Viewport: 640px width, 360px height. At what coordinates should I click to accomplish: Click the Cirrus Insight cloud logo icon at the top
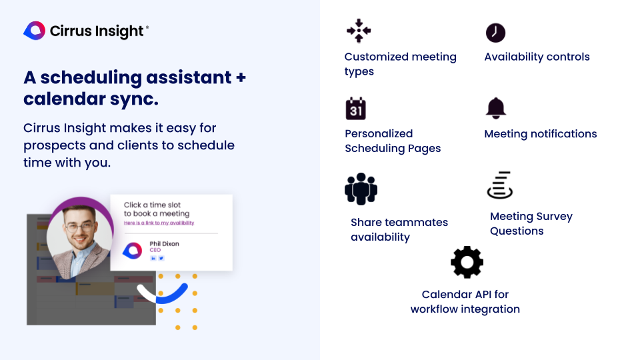[x=34, y=31]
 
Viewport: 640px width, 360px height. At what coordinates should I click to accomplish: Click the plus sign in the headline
[x=241, y=77]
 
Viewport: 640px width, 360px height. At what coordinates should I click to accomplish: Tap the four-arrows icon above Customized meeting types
[x=359, y=31]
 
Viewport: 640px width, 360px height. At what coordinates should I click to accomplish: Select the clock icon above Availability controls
[x=495, y=33]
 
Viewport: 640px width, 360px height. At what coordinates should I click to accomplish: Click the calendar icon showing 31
[x=355, y=109]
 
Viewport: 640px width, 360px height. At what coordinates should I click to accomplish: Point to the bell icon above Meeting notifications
[x=496, y=108]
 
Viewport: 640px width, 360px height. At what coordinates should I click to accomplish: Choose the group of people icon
[x=361, y=189]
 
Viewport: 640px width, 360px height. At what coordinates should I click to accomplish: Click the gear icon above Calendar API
[x=467, y=262]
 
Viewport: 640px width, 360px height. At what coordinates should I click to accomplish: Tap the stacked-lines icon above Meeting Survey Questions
[x=500, y=185]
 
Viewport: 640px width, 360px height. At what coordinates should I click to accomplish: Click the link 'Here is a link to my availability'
[x=159, y=223]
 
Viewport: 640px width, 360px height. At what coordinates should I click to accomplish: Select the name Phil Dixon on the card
[x=164, y=244]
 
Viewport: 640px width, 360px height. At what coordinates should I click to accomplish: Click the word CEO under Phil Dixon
[x=155, y=250]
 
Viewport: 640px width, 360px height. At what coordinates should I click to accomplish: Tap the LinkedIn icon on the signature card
[x=153, y=258]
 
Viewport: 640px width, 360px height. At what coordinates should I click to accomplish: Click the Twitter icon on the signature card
[x=161, y=258]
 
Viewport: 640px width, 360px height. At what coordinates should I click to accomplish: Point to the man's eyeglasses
[x=79, y=227]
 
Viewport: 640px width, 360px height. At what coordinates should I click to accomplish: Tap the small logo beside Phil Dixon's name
[x=132, y=251]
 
